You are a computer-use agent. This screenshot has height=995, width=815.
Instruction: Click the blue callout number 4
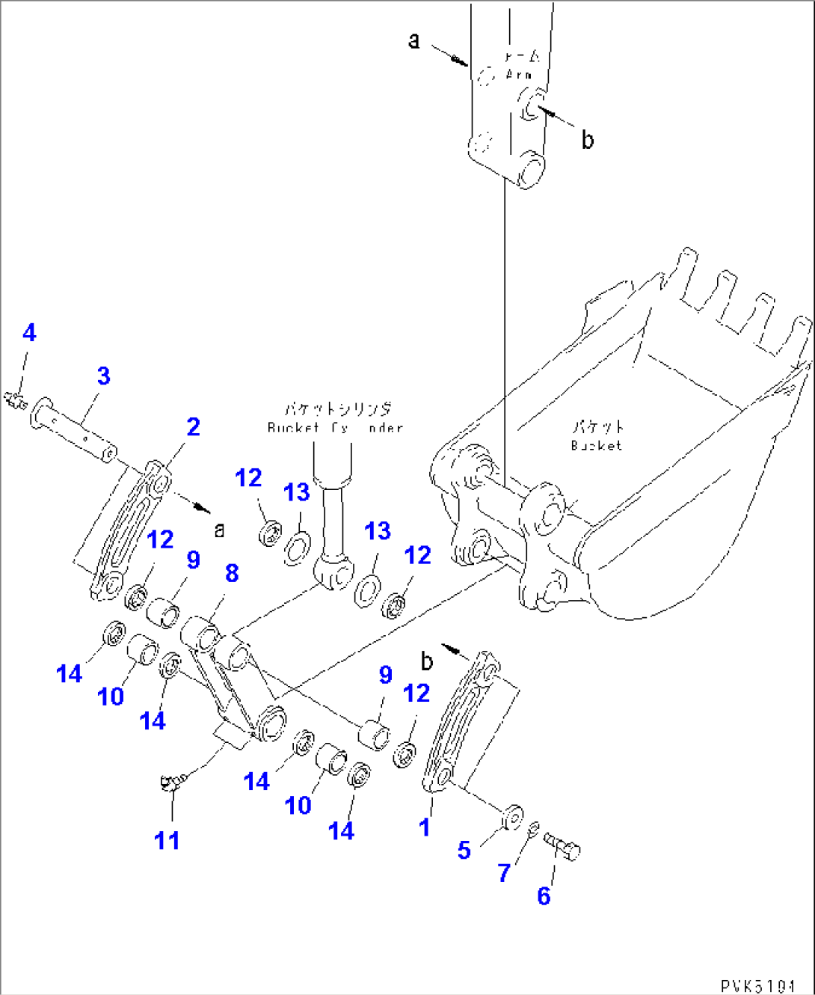[29, 333]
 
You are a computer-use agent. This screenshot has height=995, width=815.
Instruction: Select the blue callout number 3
[103, 376]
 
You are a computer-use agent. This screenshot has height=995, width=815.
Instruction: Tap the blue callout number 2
[193, 426]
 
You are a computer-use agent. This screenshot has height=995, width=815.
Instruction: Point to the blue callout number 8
[232, 573]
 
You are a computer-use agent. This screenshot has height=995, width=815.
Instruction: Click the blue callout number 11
[167, 840]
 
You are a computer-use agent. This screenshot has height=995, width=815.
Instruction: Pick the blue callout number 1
[425, 827]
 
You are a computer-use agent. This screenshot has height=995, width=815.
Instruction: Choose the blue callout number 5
[464, 850]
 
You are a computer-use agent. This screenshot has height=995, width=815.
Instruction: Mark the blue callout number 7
[504, 872]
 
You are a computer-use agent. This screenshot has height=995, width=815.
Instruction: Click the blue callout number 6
[544, 895]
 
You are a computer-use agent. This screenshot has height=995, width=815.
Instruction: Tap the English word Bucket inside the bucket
[596, 446]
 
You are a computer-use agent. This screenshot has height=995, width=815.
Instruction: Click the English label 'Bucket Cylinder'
[335, 428]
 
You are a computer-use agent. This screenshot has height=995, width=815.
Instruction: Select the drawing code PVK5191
[757, 986]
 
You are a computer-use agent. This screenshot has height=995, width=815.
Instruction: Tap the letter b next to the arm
[588, 140]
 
